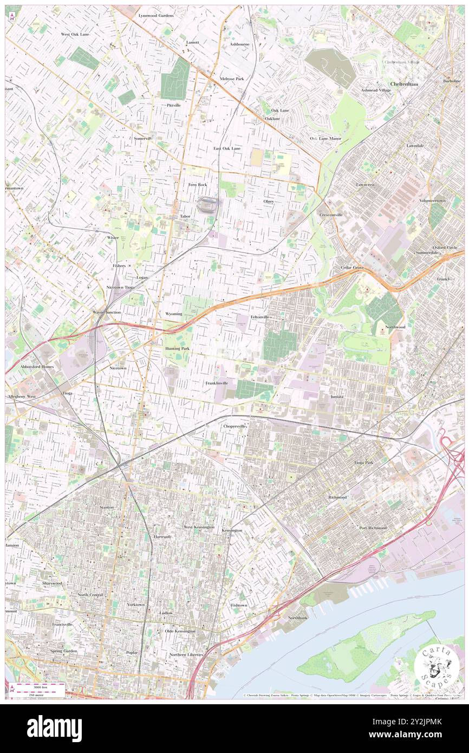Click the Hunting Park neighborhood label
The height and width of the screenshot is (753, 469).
coord(177,348)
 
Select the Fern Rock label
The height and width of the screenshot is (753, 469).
coord(198,185)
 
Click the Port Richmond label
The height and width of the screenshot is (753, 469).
coord(373,527)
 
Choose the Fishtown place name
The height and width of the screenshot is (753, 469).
coord(239,605)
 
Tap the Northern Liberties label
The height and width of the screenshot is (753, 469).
coord(186,654)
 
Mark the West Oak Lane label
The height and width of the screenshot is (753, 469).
coord(75,34)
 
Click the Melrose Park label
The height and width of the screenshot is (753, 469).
coord(232,79)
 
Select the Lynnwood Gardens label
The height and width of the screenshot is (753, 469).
coord(155,16)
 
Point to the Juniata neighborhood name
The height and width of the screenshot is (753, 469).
coord(337,397)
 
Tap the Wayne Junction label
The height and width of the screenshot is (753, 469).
coord(107,313)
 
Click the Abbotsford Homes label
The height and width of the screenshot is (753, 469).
coord(37,367)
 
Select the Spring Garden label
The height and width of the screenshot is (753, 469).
coord(64,651)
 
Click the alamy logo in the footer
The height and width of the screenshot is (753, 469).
coord(54,728)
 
